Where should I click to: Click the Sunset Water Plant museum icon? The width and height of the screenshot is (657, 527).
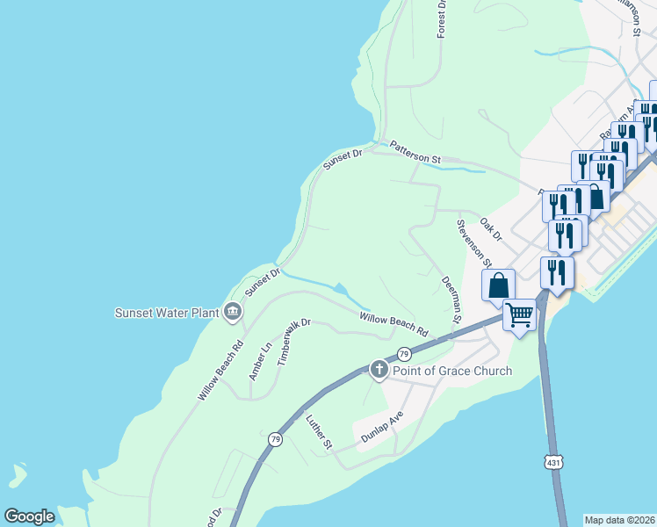coord(233,311)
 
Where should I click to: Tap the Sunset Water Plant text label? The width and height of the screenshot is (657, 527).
coord(167,313)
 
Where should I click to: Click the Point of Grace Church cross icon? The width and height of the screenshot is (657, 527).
coord(379,369)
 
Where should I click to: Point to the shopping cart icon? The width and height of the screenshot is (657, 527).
coord(519,314)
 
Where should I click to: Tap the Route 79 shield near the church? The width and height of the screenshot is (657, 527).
coord(403,354)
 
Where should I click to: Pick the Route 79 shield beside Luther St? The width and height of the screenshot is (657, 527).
coord(276,438)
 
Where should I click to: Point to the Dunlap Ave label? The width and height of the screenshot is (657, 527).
coord(382,426)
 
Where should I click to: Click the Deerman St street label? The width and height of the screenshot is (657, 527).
coord(451,300)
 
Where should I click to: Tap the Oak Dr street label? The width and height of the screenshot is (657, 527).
coord(491,230)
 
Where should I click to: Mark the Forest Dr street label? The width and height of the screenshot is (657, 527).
coord(441,19)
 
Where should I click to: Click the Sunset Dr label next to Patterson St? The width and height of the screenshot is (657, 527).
coord(343,159)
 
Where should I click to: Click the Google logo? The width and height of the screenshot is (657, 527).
coord(29,516)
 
